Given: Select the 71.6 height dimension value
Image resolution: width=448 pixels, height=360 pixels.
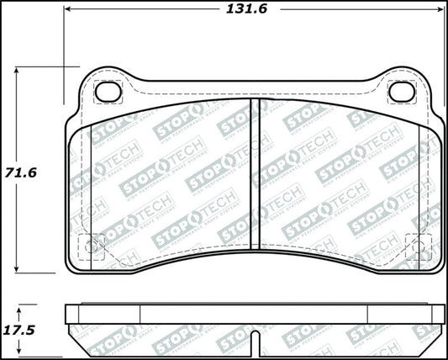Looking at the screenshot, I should (x=23, y=171).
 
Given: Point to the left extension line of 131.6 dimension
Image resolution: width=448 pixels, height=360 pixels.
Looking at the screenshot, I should (x=64, y=38).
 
